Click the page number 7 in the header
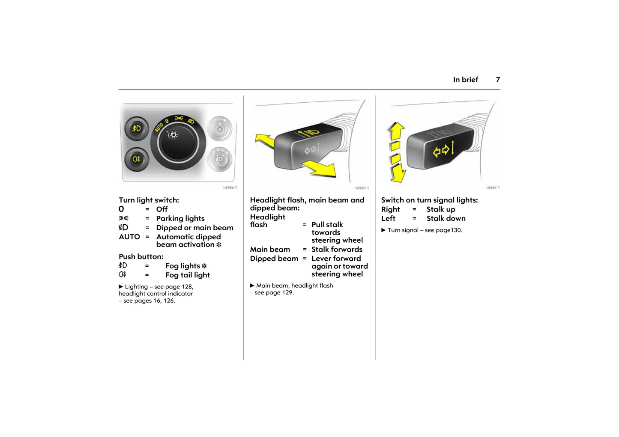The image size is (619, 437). point(498,80)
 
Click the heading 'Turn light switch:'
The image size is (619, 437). point(149,200)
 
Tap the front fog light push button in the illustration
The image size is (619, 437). point(137,129)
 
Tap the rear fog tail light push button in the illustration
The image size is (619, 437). point(137,159)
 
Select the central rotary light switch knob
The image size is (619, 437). point(178,143)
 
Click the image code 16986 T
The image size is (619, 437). point(230,188)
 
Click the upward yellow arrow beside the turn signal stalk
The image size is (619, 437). point(396,131)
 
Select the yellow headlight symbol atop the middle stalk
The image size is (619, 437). point(309,133)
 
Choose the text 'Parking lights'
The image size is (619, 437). point(180,218)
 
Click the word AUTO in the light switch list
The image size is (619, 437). point(129,237)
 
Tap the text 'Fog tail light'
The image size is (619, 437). point(188,275)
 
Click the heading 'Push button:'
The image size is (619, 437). point(141,257)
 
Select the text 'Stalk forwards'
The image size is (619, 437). point(337,249)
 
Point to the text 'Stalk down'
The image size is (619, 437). point(446,218)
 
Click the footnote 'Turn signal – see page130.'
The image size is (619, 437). point(422,230)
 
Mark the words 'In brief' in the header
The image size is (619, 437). point(465,80)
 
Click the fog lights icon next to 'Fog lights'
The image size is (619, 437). point(123,265)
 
